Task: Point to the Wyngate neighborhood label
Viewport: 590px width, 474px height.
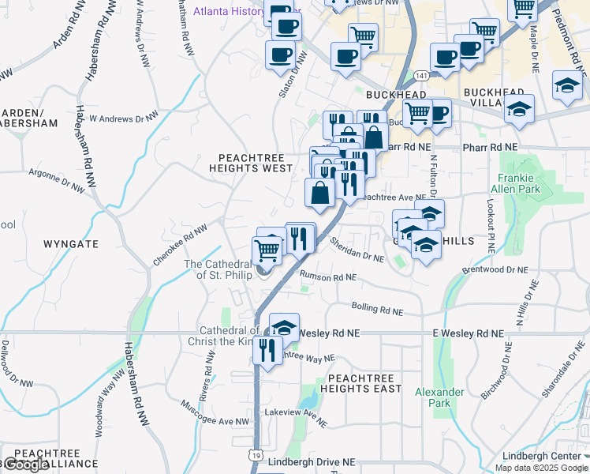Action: tap(71, 244)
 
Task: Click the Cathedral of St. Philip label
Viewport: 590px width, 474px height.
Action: tap(217, 269)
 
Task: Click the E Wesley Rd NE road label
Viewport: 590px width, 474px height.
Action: tap(469, 334)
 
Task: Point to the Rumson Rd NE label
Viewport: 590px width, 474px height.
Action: tap(328, 277)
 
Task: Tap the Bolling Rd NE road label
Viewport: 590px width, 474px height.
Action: tap(375, 310)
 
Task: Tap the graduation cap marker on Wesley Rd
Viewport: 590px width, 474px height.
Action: tap(284, 325)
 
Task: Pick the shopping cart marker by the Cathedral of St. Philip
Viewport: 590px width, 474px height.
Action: tap(267, 250)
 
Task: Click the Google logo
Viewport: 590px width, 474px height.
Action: tap(25, 465)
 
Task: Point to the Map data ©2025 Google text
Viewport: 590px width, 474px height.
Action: tap(540, 468)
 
